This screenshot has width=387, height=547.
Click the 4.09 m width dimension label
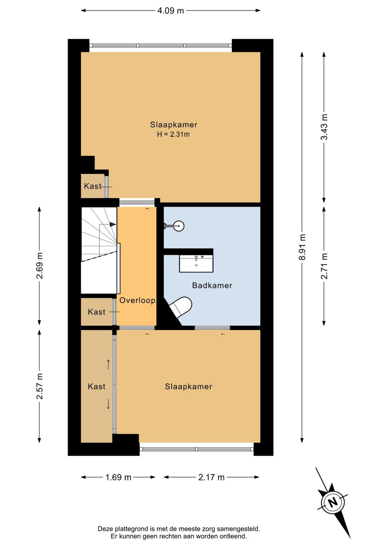(171, 11)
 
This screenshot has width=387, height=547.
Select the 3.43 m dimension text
(324, 127)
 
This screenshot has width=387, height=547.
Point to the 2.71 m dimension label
(324, 266)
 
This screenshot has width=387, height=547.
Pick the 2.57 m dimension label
(40, 386)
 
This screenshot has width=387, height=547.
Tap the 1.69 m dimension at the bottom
(118, 477)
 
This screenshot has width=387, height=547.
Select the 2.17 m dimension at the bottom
(211, 477)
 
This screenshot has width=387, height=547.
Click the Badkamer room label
(212, 285)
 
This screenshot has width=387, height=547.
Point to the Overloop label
(137, 300)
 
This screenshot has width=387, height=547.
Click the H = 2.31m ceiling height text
(173, 134)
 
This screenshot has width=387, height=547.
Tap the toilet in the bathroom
(181, 307)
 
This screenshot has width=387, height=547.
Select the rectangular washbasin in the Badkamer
(196, 264)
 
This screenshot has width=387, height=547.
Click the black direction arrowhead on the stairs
(112, 224)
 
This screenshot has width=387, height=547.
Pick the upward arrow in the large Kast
(108, 364)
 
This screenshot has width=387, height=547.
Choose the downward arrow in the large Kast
(108, 404)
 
